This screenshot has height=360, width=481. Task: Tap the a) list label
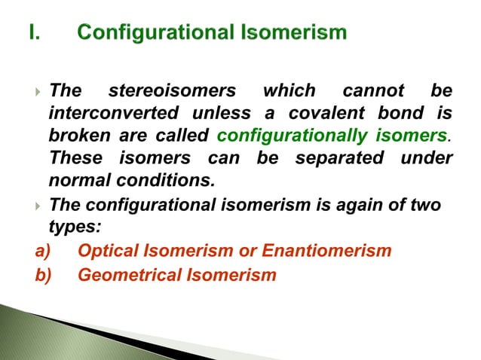pos(43,251)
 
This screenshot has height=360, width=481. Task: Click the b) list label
pos(43,275)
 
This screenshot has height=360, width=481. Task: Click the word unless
pos(243,114)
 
